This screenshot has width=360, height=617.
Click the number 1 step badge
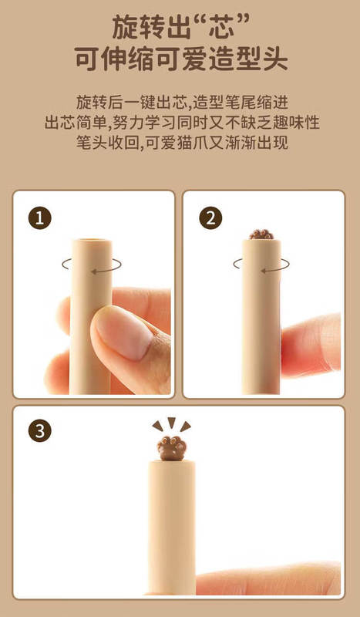[40, 218]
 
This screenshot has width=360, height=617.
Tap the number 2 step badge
[211, 218]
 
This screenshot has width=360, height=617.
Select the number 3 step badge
[40, 431]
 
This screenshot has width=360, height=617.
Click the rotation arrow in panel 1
[92, 265]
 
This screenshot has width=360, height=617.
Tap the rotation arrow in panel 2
[261, 265]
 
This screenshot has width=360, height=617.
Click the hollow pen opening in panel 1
[92, 240]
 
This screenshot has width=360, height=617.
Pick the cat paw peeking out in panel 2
[261, 234]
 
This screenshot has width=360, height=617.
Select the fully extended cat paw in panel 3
[172, 449]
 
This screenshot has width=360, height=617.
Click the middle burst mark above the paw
[172, 423]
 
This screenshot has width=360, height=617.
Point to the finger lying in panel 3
[268, 578]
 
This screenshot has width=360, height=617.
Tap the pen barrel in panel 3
[172, 528]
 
